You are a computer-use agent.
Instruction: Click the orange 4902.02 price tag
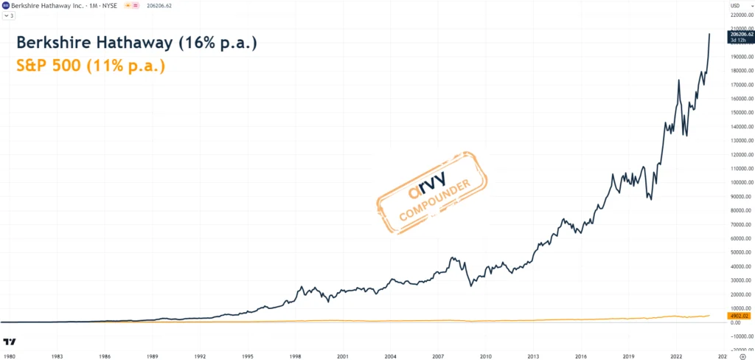[740, 316]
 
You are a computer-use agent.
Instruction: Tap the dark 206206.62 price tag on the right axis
[740, 34]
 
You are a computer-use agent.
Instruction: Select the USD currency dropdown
[734, 6]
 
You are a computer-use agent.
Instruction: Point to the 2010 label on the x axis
[485, 355]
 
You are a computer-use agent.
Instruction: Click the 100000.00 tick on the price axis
[741, 182]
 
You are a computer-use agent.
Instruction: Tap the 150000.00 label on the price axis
[741, 112]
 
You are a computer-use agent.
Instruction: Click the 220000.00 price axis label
[741, 15]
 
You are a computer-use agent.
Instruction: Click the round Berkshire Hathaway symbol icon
[6, 6]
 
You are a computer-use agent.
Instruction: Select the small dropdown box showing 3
[9, 15]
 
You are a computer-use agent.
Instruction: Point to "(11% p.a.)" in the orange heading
[126, 66]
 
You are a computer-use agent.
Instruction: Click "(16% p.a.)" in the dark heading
[218, 43]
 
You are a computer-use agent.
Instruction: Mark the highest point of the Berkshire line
[709, 34]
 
